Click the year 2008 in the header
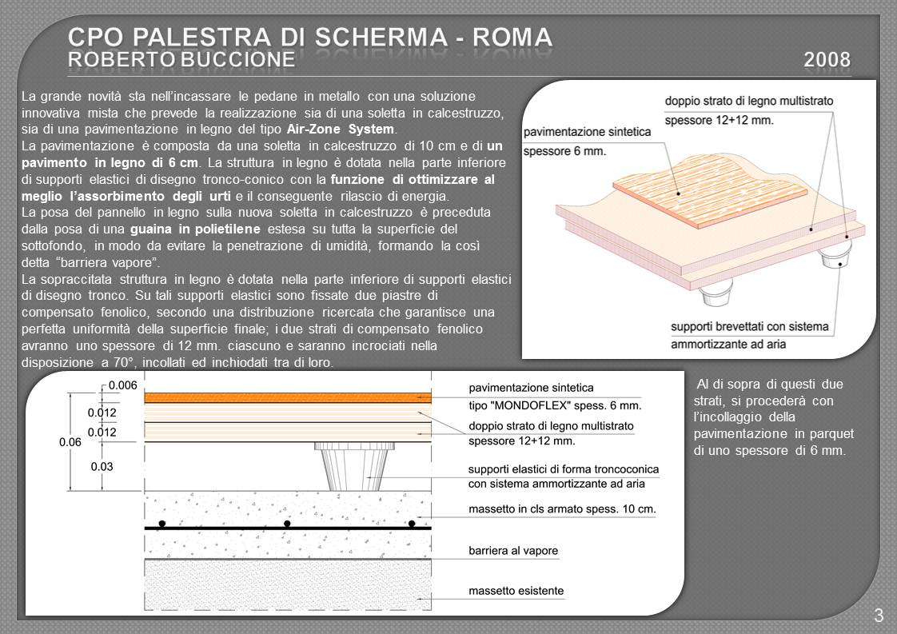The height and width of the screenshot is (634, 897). pos(827,59)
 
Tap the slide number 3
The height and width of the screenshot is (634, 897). pos(878,615)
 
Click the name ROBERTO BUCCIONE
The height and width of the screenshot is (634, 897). pos(181,59)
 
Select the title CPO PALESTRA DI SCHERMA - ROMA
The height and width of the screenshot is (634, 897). pos(309,36)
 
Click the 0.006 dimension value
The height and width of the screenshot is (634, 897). pos(123,385)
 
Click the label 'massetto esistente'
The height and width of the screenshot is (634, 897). pos(516,592)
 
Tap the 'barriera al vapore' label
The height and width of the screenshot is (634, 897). pos(513,551)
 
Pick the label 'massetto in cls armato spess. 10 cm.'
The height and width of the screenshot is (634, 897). pos(562,508)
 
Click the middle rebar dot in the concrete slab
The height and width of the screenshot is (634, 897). pos(287,524)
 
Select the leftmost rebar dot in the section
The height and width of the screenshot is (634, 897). pos(161,524)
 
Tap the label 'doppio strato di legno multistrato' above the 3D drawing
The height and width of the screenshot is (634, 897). pos(749,102)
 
